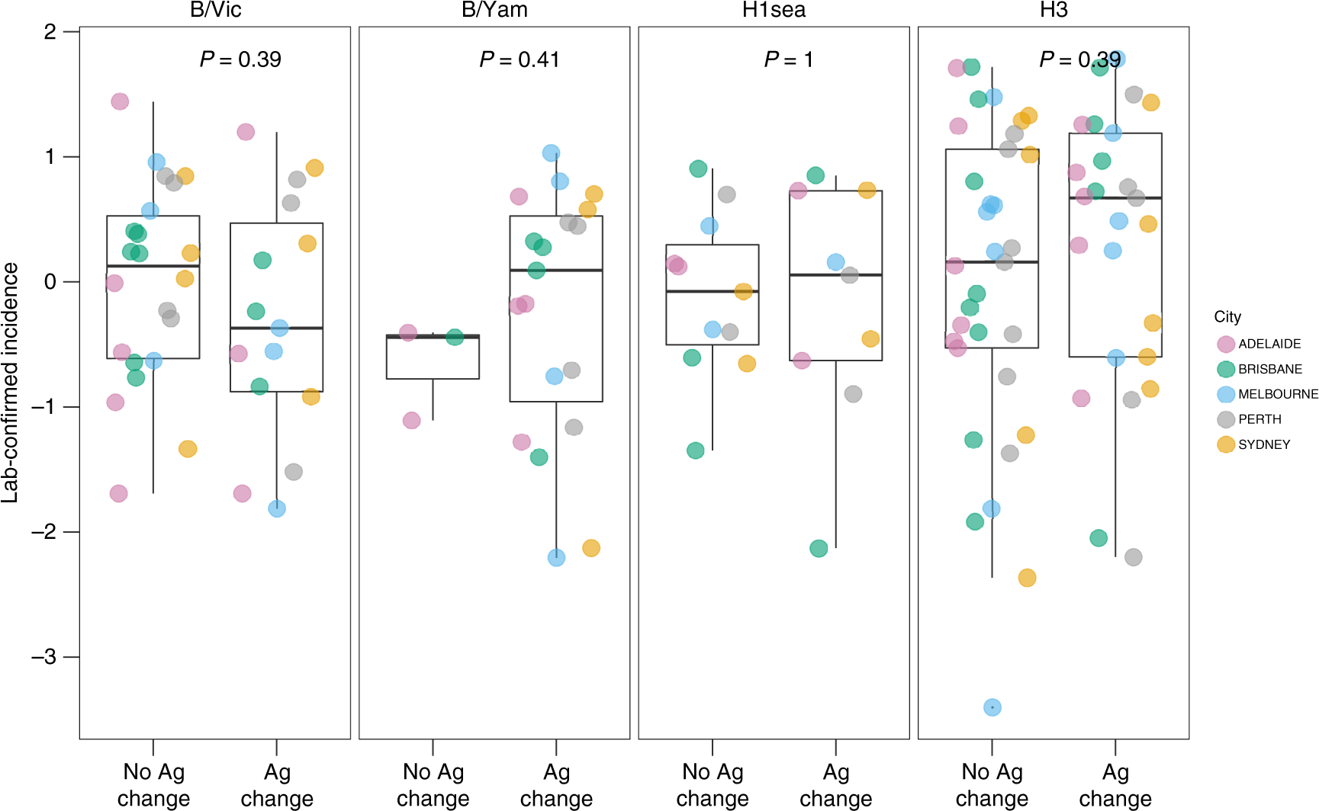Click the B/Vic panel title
coord(215,10)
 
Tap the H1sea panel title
coord(774,10)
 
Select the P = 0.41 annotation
coord(519,59)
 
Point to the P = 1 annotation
coord(788,59)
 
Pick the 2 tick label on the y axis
coord(50,32)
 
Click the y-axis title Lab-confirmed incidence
coord(11,383)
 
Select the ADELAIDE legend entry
coord(1269,344)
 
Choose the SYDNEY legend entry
coord(1263,444)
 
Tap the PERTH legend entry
coord(1259,419)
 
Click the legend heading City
coord(1227,317)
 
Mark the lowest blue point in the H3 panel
coord(992,707)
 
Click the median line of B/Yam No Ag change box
coord(433,336)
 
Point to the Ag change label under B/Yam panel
coord(556,785)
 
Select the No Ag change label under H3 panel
coord(992,785)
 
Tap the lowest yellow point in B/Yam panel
coord(590,548)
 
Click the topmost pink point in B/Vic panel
coord(120,101)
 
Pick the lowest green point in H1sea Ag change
coord(819,548)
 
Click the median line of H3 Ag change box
coord(1115,197)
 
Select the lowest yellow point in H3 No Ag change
coord(1027,578)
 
